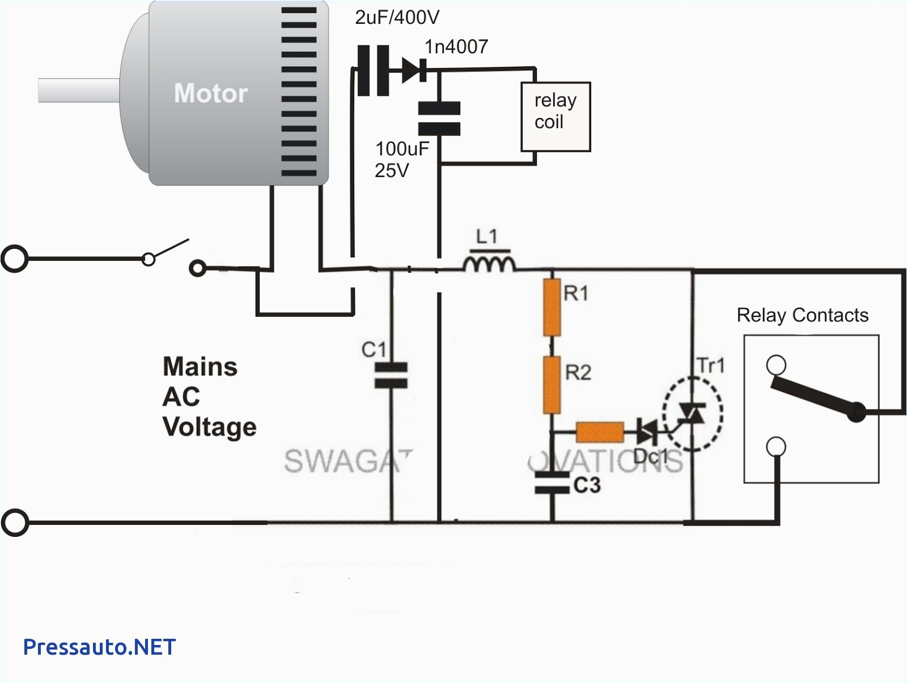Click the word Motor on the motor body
(x=211, y=94)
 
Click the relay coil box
(x=556, y=117)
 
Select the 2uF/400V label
(x=397, y=18)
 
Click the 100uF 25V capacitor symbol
(x=439, y=118)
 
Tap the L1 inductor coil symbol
(x=489, y=265)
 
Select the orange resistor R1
(x=552, y=307)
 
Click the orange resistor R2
(x=552, y=384)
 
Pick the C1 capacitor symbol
(x=391, y=376)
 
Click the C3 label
(x=587, y=485)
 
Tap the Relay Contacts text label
(x=802, y=315)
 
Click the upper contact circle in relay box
(x=776, y=364)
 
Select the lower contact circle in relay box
(x=776, y=447)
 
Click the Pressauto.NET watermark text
(x=99, y=646)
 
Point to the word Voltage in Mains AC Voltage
(x=209, y=427)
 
